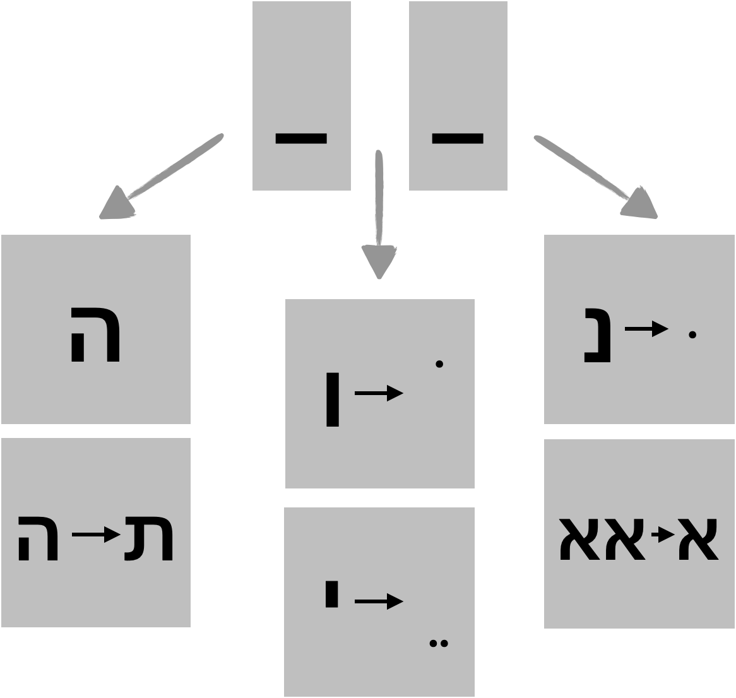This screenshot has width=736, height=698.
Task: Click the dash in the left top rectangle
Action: (301, 138)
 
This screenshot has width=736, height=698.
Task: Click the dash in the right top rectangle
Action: (458, 138)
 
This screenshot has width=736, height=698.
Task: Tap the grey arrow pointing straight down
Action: (379, 215)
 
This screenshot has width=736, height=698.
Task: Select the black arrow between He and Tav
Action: (97, 536)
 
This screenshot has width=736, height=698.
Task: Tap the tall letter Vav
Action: (332, 399)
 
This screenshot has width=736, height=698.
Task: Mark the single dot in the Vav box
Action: (439, 364)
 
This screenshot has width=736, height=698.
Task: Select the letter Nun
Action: (598, 334)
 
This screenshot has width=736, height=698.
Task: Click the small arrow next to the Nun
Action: (646, 328)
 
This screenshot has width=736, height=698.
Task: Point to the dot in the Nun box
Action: (692, 335)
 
